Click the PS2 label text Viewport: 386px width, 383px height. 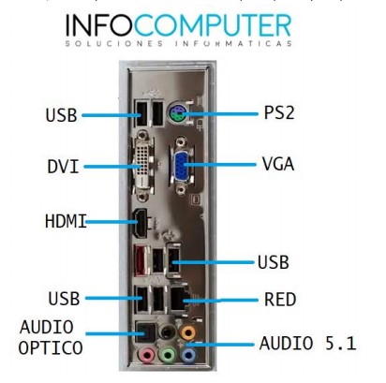[x=279, y=112]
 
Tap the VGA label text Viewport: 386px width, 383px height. [x=278, y=164]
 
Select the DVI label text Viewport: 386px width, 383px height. [x=63, y=167]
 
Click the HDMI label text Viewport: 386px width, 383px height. [x=66, y=221]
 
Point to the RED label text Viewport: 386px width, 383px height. [x=280, y=300]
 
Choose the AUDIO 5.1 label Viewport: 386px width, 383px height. [x=307, y=344]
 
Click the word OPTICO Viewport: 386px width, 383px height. [x=51, y=347]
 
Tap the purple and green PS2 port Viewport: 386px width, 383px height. [x=177, y=114]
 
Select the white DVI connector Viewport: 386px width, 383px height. [x=143, y=166]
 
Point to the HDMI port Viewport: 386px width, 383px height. [x=141, y=223]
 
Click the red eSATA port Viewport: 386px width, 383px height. [x=140, y=260]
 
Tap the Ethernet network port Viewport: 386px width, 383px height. [x=180, y=299]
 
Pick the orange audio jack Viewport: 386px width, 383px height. [x=188, y=332]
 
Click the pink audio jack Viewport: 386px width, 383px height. [x=146, y=355]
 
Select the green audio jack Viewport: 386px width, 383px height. [x=168, y=355]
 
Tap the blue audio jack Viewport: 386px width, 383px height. [x=188, y=355]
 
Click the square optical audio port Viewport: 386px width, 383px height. [x=145, y=332]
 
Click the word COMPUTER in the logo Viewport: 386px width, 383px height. [x=213, y=25]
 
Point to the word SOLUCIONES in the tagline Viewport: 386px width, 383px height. [x=114, y=43]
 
